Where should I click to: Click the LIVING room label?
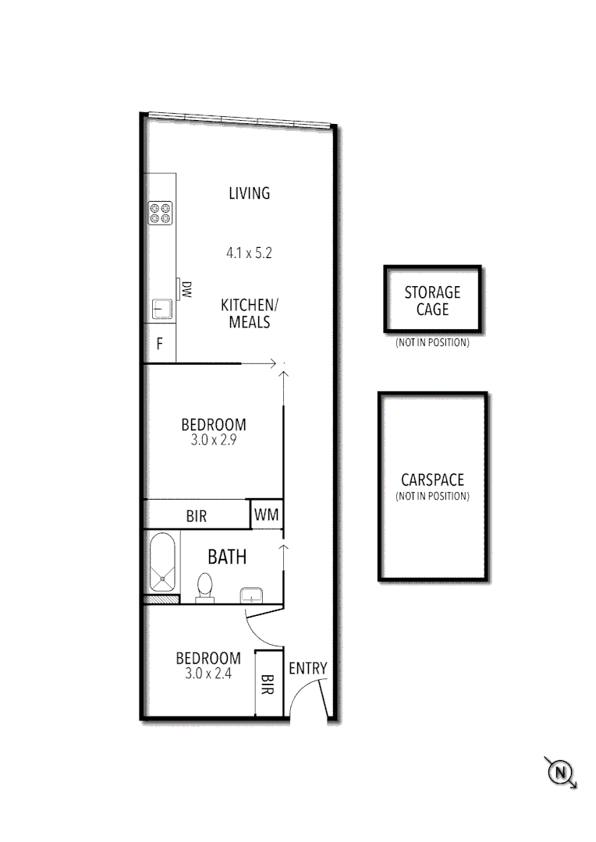point(249,193)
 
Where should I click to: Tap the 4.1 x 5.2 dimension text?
point(249,253)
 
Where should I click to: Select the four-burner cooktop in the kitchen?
point(161,213)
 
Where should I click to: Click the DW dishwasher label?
point(186,291)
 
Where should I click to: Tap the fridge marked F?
point(160,344)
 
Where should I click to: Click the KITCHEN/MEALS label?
point(249,313)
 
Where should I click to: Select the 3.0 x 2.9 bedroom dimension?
point(213,440)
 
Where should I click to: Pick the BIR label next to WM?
point(197,516)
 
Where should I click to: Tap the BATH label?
point(227,557)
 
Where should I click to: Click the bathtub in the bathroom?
point(162,563)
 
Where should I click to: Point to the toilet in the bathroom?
point(205,586)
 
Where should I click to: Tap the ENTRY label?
point(308,668)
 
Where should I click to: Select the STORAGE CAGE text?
point(432,301)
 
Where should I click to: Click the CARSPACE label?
point(432,480)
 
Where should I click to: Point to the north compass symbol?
point(560,773)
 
